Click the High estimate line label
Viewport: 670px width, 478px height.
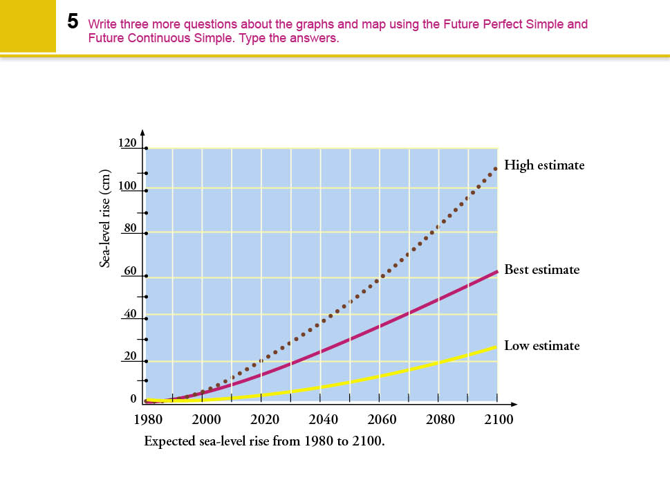pos(544,165)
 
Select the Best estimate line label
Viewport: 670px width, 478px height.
pos(541,269)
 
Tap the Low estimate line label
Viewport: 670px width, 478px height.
pos(541,345)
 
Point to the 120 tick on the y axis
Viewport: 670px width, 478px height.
pos(129,144)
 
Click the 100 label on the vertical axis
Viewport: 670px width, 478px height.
pos(129,187)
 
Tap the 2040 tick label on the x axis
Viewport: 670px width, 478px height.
pos(323,419)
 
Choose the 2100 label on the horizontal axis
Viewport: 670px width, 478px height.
pos(499,419)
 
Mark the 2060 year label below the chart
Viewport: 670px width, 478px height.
pos(382,419)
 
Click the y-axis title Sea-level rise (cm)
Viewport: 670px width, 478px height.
pos(106,217)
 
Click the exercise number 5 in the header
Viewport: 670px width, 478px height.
pos(73,21)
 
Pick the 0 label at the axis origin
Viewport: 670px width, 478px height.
pos(133,400)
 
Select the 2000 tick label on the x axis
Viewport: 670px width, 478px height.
pos(205,419)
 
